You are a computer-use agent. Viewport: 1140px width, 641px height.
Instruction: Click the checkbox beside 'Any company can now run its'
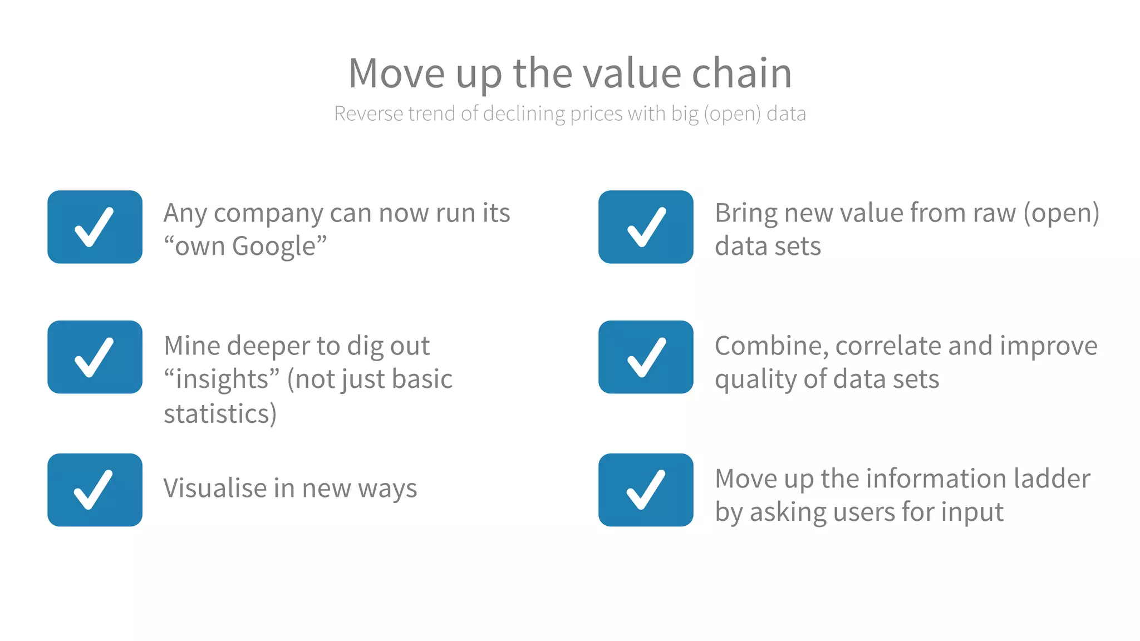(95, 227)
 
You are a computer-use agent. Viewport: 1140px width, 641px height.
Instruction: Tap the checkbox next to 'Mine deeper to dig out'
(95, 357)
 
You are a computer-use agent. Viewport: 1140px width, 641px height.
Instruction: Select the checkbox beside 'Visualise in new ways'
(95, 490)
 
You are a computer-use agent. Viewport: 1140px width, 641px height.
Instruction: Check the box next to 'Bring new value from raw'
(646, 227)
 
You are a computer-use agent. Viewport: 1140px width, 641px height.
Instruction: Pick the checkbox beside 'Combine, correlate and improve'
(646, 357)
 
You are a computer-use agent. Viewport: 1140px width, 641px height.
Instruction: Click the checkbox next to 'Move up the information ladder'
(646, 490)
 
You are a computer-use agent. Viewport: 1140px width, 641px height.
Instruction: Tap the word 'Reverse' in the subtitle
(368, 114)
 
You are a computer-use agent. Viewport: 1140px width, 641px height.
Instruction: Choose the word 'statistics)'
(220, 414)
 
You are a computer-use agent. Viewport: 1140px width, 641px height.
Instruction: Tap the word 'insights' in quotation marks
(222, 379)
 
